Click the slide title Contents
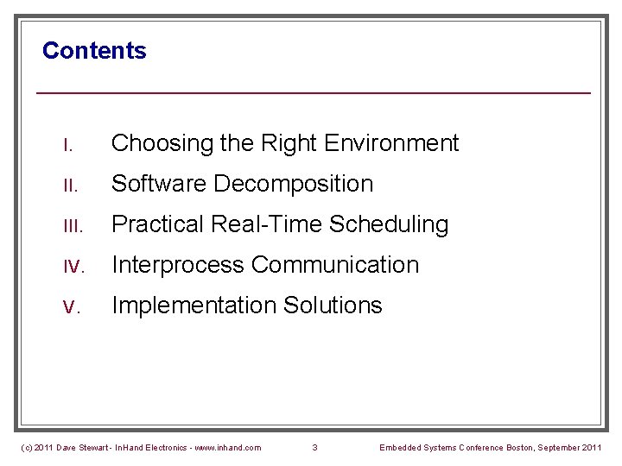94,51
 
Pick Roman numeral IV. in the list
73,265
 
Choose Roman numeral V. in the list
72,305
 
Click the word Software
159,184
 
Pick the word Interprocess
178,265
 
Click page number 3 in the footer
314,447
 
